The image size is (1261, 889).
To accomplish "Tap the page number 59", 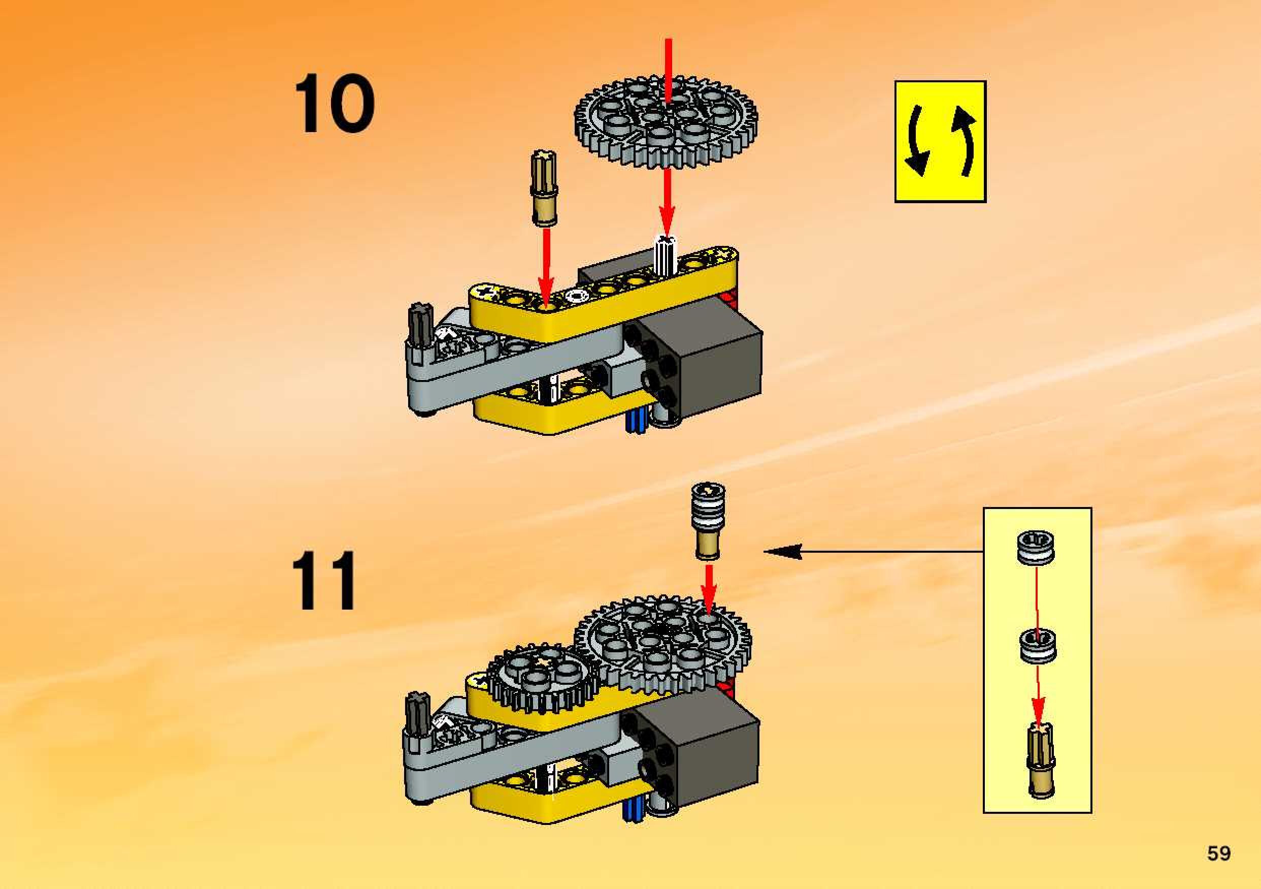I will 1219,853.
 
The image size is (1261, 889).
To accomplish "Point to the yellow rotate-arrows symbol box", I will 940,142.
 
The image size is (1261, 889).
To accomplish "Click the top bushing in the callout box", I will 1035,547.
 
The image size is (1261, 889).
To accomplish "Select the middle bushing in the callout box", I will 1038,647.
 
